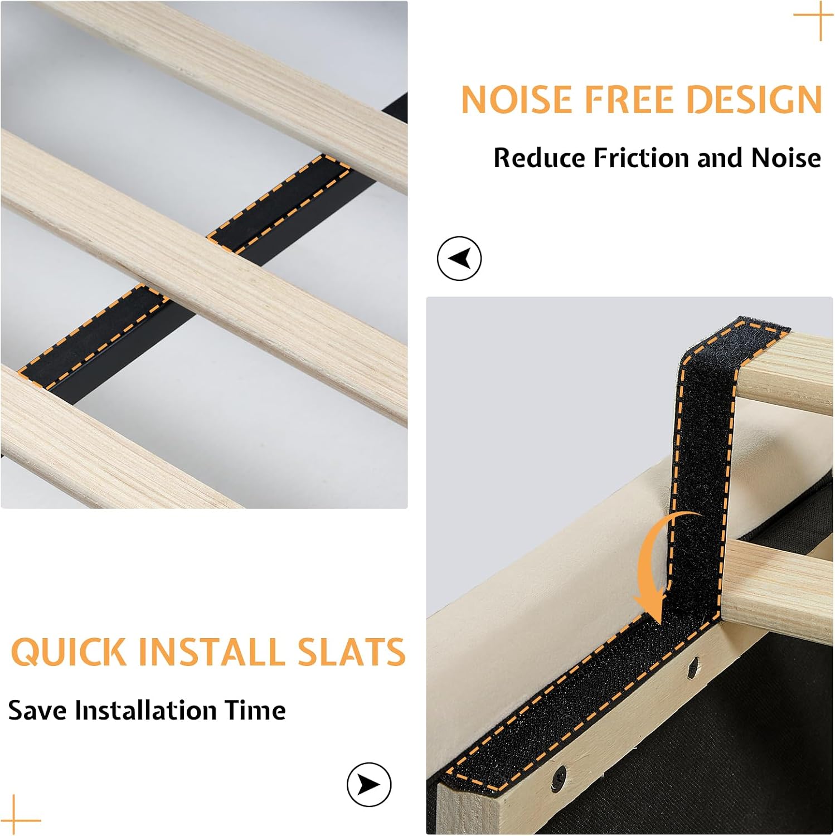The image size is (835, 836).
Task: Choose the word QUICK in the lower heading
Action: tap(69, 652)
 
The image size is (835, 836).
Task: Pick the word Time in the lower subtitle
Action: tap(255, 710)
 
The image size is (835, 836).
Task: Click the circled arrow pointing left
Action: tap(459, 258)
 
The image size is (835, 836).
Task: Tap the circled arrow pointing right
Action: tap(369, 784)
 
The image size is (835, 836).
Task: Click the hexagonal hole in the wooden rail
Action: tap(693, 664)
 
